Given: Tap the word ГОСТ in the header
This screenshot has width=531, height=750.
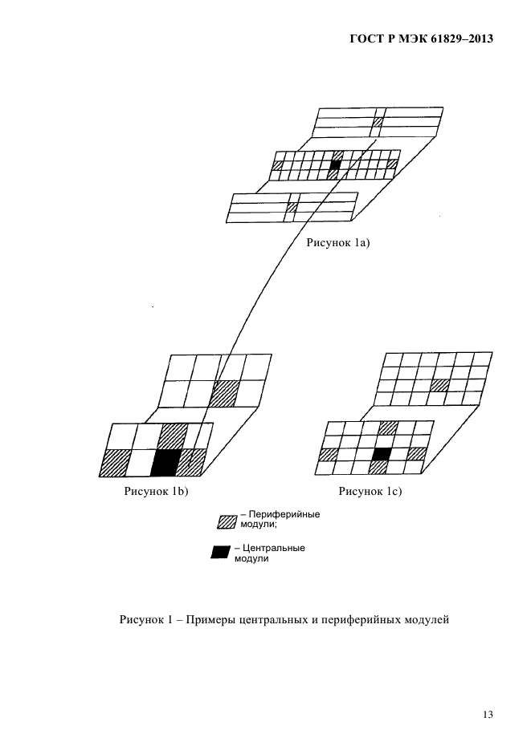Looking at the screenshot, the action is coord(365,39).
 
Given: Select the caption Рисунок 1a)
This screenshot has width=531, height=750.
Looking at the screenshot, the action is coord(338,243).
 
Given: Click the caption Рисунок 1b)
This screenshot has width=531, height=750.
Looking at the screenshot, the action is coord(156,491).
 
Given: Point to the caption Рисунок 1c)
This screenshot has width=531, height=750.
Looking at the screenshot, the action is coord(370,491).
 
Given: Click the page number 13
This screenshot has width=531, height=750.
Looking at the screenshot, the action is coord(488,715).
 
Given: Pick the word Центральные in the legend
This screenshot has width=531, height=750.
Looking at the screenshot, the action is coord(273,548).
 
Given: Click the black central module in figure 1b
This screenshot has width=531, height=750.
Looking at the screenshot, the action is coord(165,463).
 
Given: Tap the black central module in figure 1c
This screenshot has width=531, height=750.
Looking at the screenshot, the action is coord(382,453).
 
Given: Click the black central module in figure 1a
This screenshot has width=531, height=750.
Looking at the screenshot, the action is coord(334,165).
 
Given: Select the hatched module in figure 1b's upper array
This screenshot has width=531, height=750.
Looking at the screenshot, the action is coord(223,394).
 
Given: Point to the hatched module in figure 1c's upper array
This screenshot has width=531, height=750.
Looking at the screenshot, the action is coord(439,385).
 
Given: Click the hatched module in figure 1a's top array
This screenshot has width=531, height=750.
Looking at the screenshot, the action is coord(378,121).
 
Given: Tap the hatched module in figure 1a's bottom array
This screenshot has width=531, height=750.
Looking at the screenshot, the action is coord(292,207).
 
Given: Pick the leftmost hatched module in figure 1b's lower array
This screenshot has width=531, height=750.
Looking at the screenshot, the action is coord(116,463).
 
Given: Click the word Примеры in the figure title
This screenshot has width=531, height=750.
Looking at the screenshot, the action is coord(209,620).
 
